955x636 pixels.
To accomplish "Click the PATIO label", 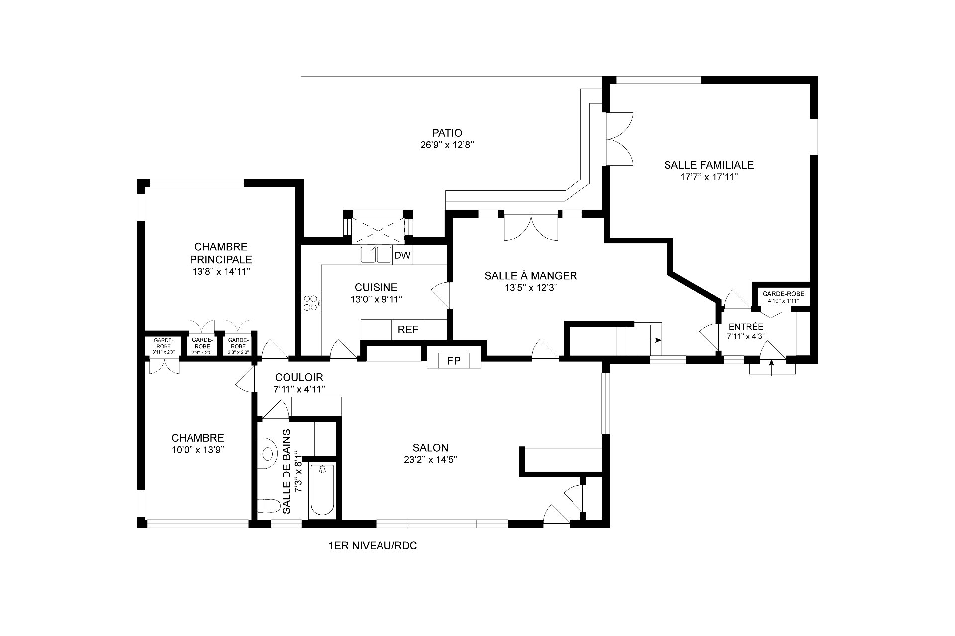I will click(447, 133).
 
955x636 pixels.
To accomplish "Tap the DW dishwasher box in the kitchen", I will click(402, 255).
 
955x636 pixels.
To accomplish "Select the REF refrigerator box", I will click(408, 330).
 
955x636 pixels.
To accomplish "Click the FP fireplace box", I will click(454, 361).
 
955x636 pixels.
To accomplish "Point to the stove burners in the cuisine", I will click(311, 303).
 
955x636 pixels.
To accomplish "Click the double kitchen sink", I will click(376, 255).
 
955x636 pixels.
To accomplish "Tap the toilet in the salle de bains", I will click(269, 506).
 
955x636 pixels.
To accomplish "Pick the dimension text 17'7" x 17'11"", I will click(709, 177).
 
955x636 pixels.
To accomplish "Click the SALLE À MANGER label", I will click(531, 275).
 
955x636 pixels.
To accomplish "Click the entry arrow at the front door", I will click(771, 366).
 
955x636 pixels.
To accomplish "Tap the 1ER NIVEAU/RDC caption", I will click(373, 546).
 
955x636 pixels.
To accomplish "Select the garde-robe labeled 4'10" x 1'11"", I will click(783, 297).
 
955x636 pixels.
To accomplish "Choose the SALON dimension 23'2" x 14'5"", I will click(430, 460).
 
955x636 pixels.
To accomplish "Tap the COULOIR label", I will click(299, 377).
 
